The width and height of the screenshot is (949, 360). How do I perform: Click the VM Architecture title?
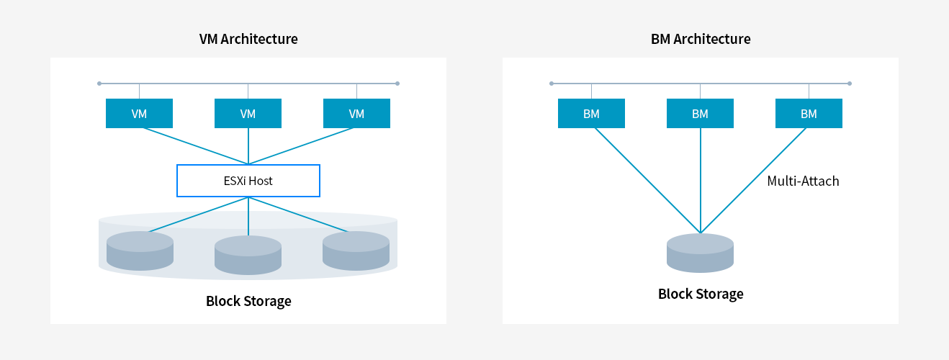pyautogui.click(x=248, y=39)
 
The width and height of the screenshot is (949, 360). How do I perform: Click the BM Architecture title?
pyautogui.click(x=700, y=39)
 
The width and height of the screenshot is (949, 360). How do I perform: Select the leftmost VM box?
pyautogui.click(x=139, y=114)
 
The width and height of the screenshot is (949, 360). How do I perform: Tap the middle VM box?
pyautogui.click(x=248, y=114)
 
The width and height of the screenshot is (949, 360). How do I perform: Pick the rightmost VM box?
pyautogui.click(x=356, y=114)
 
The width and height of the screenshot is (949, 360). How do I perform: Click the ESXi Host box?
pyautogui.click(x=248, y=181)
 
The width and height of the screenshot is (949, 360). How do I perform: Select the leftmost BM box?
pyautogui.click(x=591, y=114)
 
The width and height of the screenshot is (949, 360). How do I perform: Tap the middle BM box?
pyautogui.click(x=700, y=114)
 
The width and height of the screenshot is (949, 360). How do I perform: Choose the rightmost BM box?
pyautogui.click(x=809, y=114)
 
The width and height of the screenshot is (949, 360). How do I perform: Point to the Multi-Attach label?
pyautogui.click(x=803, y=181)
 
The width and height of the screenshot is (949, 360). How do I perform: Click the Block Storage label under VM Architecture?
pyautogui.click(x=248, y=301)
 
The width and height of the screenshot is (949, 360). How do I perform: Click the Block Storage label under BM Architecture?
pyautogui.click(x=701, y=294)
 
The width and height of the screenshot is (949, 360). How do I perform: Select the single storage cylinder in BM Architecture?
pyautogui.click(x=700, y=253)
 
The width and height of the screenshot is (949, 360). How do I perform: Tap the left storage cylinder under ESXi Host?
pyautogui.click(x=140, y=251)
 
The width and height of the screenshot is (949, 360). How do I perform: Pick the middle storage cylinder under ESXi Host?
pyautogui.click(x=248, y=256)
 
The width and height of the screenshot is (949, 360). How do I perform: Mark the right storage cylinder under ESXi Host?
pyautogui.click(x=356, y=251)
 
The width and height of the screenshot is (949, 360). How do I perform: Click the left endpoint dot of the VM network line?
pyautogui.click(x=99, y=84)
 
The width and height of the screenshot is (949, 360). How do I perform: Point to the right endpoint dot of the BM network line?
pyautogui.click(x=850, y=84)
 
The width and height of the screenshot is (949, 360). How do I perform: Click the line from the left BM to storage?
pyautogui.click(x=646, y=180)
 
